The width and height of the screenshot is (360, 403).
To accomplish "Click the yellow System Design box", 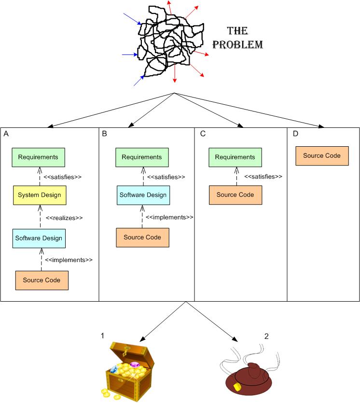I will pyautogui.click(x=40, y=195).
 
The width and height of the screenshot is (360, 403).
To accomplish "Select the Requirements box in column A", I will pyautogui.click(x=38, y=157).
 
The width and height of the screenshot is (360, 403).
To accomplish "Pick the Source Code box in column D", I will pyautogui.click(x=322, y=156).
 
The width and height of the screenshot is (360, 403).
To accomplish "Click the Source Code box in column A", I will pyautogui.click(x=42, y=280).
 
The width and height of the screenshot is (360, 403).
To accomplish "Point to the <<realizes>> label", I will pyautogui.click(x=64, y=218).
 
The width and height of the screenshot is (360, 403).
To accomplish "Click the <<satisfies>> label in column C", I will pyautogui.click(x=263, y=177).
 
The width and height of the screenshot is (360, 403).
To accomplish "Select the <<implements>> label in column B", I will pyautogui.click(x=169, y=218).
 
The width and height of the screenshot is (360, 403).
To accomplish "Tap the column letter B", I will pyautogui.click(x=105, y=134).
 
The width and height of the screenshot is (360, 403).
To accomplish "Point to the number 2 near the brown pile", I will pyautogui.click(x=266, y=335).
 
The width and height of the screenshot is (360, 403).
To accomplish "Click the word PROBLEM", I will pyautogui.click(x=238, y=45).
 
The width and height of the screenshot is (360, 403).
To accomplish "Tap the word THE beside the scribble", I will pyautogui.click(x=237, y=31).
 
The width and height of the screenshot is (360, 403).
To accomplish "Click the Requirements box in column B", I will pyautogui.click(x=142, y=157).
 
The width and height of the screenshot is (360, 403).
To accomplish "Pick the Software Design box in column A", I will pyautogui.click(x=39, y=238).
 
